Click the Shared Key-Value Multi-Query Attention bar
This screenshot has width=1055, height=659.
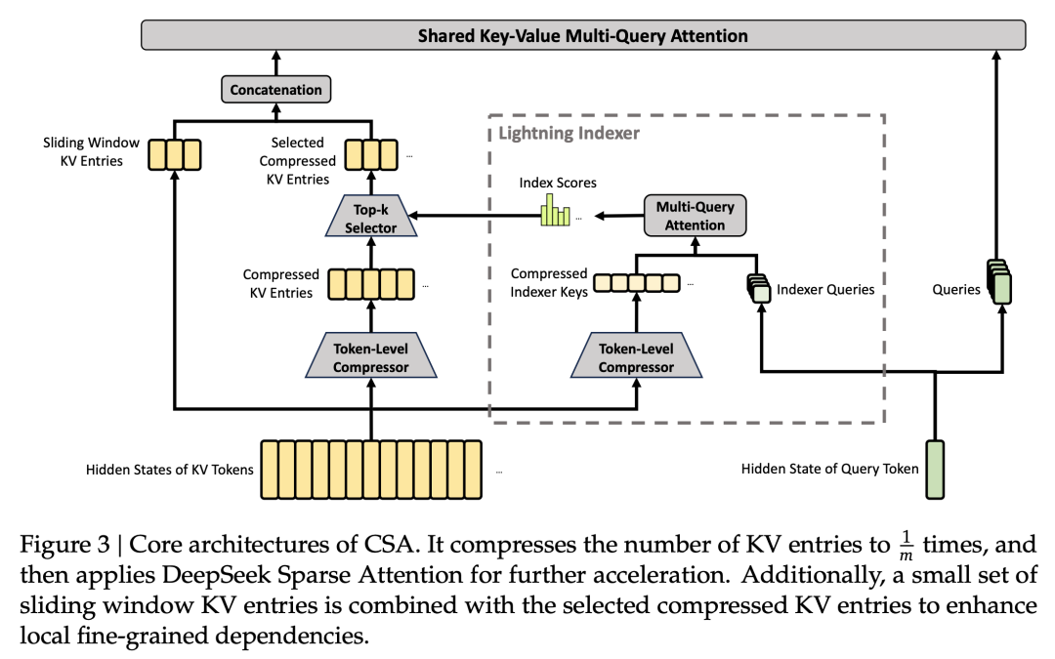coord(583,36)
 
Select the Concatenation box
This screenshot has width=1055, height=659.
coord(275,90)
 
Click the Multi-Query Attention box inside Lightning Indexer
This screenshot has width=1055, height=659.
coord(696,216)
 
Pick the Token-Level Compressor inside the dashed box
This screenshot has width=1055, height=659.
coord(635,358)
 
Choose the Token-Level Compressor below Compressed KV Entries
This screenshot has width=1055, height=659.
coord(370,358)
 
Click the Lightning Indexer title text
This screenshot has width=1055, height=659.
coord(569,133)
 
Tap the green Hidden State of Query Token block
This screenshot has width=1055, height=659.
coord(936,468)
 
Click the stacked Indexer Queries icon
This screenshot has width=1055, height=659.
coord(759,288)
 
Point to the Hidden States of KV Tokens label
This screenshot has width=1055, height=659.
coord(170,470)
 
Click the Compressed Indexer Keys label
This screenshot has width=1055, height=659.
coord(549,282)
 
